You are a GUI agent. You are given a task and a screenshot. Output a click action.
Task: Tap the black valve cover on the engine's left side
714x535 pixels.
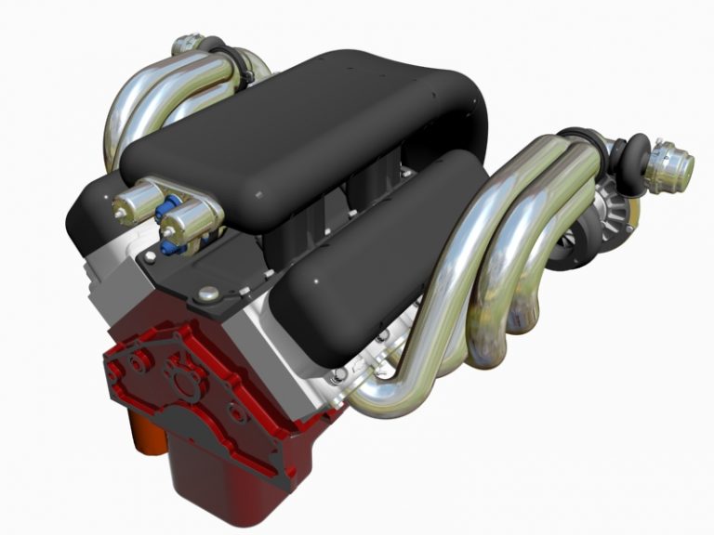[93, 209]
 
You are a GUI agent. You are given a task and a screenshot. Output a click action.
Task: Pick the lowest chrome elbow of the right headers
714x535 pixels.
[381, 399]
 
